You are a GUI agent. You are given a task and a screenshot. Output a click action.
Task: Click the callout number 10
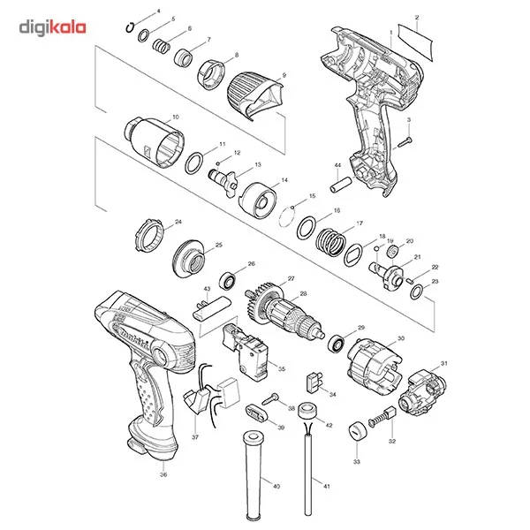pos(175,117)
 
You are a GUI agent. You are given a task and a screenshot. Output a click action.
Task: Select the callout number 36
pos(163,474)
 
